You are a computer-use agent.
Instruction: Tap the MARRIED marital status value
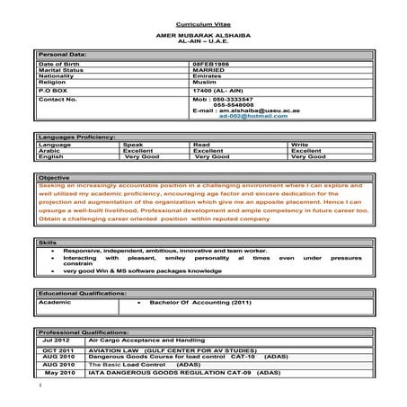coord(210,72)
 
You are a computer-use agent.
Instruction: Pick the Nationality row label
coord(59,78)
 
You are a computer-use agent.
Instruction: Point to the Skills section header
coord(48,243)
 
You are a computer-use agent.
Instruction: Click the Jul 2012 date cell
coord(55,342)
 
